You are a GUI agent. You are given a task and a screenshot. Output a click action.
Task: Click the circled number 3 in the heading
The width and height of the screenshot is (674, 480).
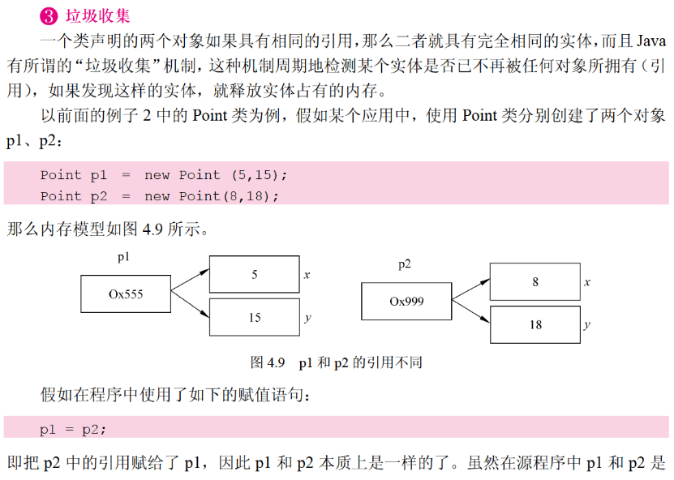point(48,15)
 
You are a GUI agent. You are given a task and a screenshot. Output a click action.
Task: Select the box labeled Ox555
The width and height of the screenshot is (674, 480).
point(125,294)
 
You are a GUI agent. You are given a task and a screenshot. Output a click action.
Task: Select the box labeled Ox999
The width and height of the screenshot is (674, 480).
point(406,301)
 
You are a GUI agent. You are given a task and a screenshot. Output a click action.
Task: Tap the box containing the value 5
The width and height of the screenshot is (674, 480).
point(254,275)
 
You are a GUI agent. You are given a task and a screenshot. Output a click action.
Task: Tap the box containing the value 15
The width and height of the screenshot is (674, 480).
point(254,318)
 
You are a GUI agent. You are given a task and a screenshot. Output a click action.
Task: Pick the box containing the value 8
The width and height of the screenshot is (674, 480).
point(535,282)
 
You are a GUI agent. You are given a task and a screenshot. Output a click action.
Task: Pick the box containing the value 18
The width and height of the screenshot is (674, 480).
point(535,324)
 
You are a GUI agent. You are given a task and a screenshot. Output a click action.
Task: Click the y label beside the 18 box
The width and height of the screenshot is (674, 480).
point(586,325)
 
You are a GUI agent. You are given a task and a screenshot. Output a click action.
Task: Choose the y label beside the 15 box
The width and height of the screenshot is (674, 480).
point(307,319)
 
